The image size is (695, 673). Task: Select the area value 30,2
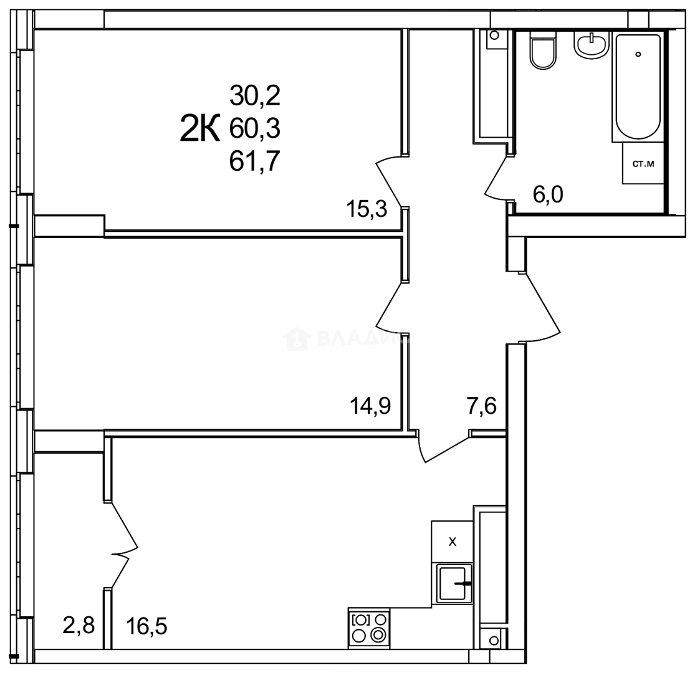255,96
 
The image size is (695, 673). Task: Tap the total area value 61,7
255,162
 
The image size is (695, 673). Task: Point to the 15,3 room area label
367,209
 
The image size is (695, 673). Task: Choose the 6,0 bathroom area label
548,195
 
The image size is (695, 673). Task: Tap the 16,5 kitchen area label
146,624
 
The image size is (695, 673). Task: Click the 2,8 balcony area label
79,624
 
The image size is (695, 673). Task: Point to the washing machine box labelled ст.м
643,164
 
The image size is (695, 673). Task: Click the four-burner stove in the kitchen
370,627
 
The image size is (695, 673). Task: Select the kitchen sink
454,583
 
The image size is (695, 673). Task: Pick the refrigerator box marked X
453,542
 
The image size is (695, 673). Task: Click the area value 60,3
255,129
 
